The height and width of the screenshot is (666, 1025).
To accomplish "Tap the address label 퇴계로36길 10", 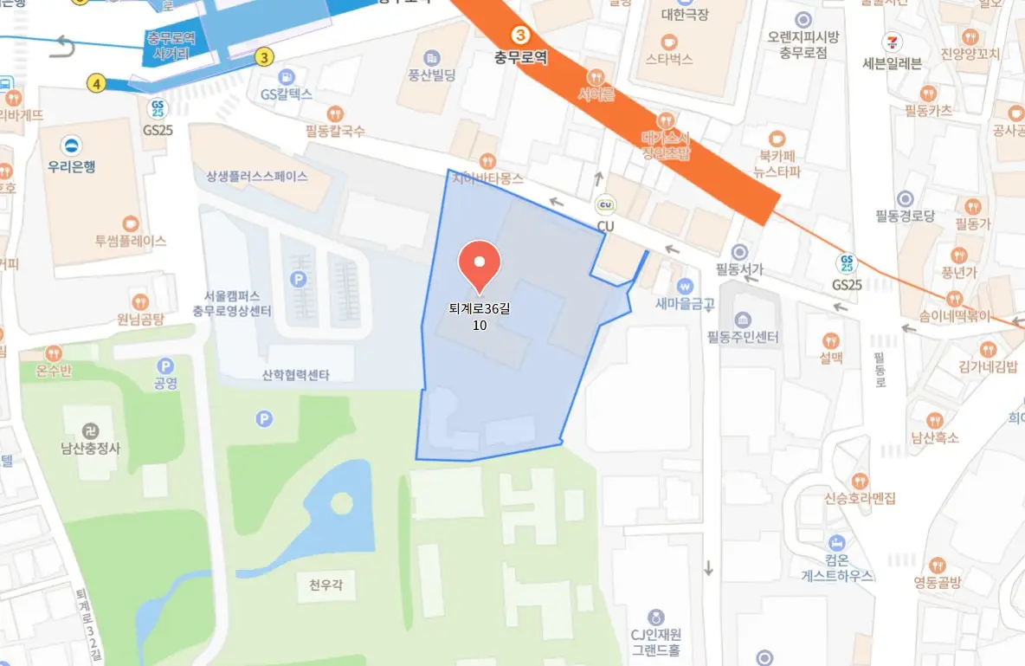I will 480,315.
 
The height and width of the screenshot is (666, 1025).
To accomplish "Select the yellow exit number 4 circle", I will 96,83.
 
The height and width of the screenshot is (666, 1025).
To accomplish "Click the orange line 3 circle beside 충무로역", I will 519,36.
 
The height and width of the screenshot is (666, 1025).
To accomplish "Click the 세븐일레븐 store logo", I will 892,42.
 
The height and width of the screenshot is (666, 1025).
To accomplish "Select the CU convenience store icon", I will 605,206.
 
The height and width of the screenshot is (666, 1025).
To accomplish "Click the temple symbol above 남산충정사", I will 89,430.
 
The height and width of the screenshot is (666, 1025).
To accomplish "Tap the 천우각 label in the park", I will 319,585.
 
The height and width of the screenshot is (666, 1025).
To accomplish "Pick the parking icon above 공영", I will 165,366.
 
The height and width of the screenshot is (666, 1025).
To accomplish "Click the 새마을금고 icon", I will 685,284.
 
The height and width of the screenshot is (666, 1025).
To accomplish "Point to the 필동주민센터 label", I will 744,337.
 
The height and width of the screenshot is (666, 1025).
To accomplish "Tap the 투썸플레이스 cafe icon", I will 131,223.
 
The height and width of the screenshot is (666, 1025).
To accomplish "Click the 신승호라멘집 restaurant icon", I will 860,480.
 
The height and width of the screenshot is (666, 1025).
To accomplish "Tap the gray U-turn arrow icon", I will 62,45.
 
